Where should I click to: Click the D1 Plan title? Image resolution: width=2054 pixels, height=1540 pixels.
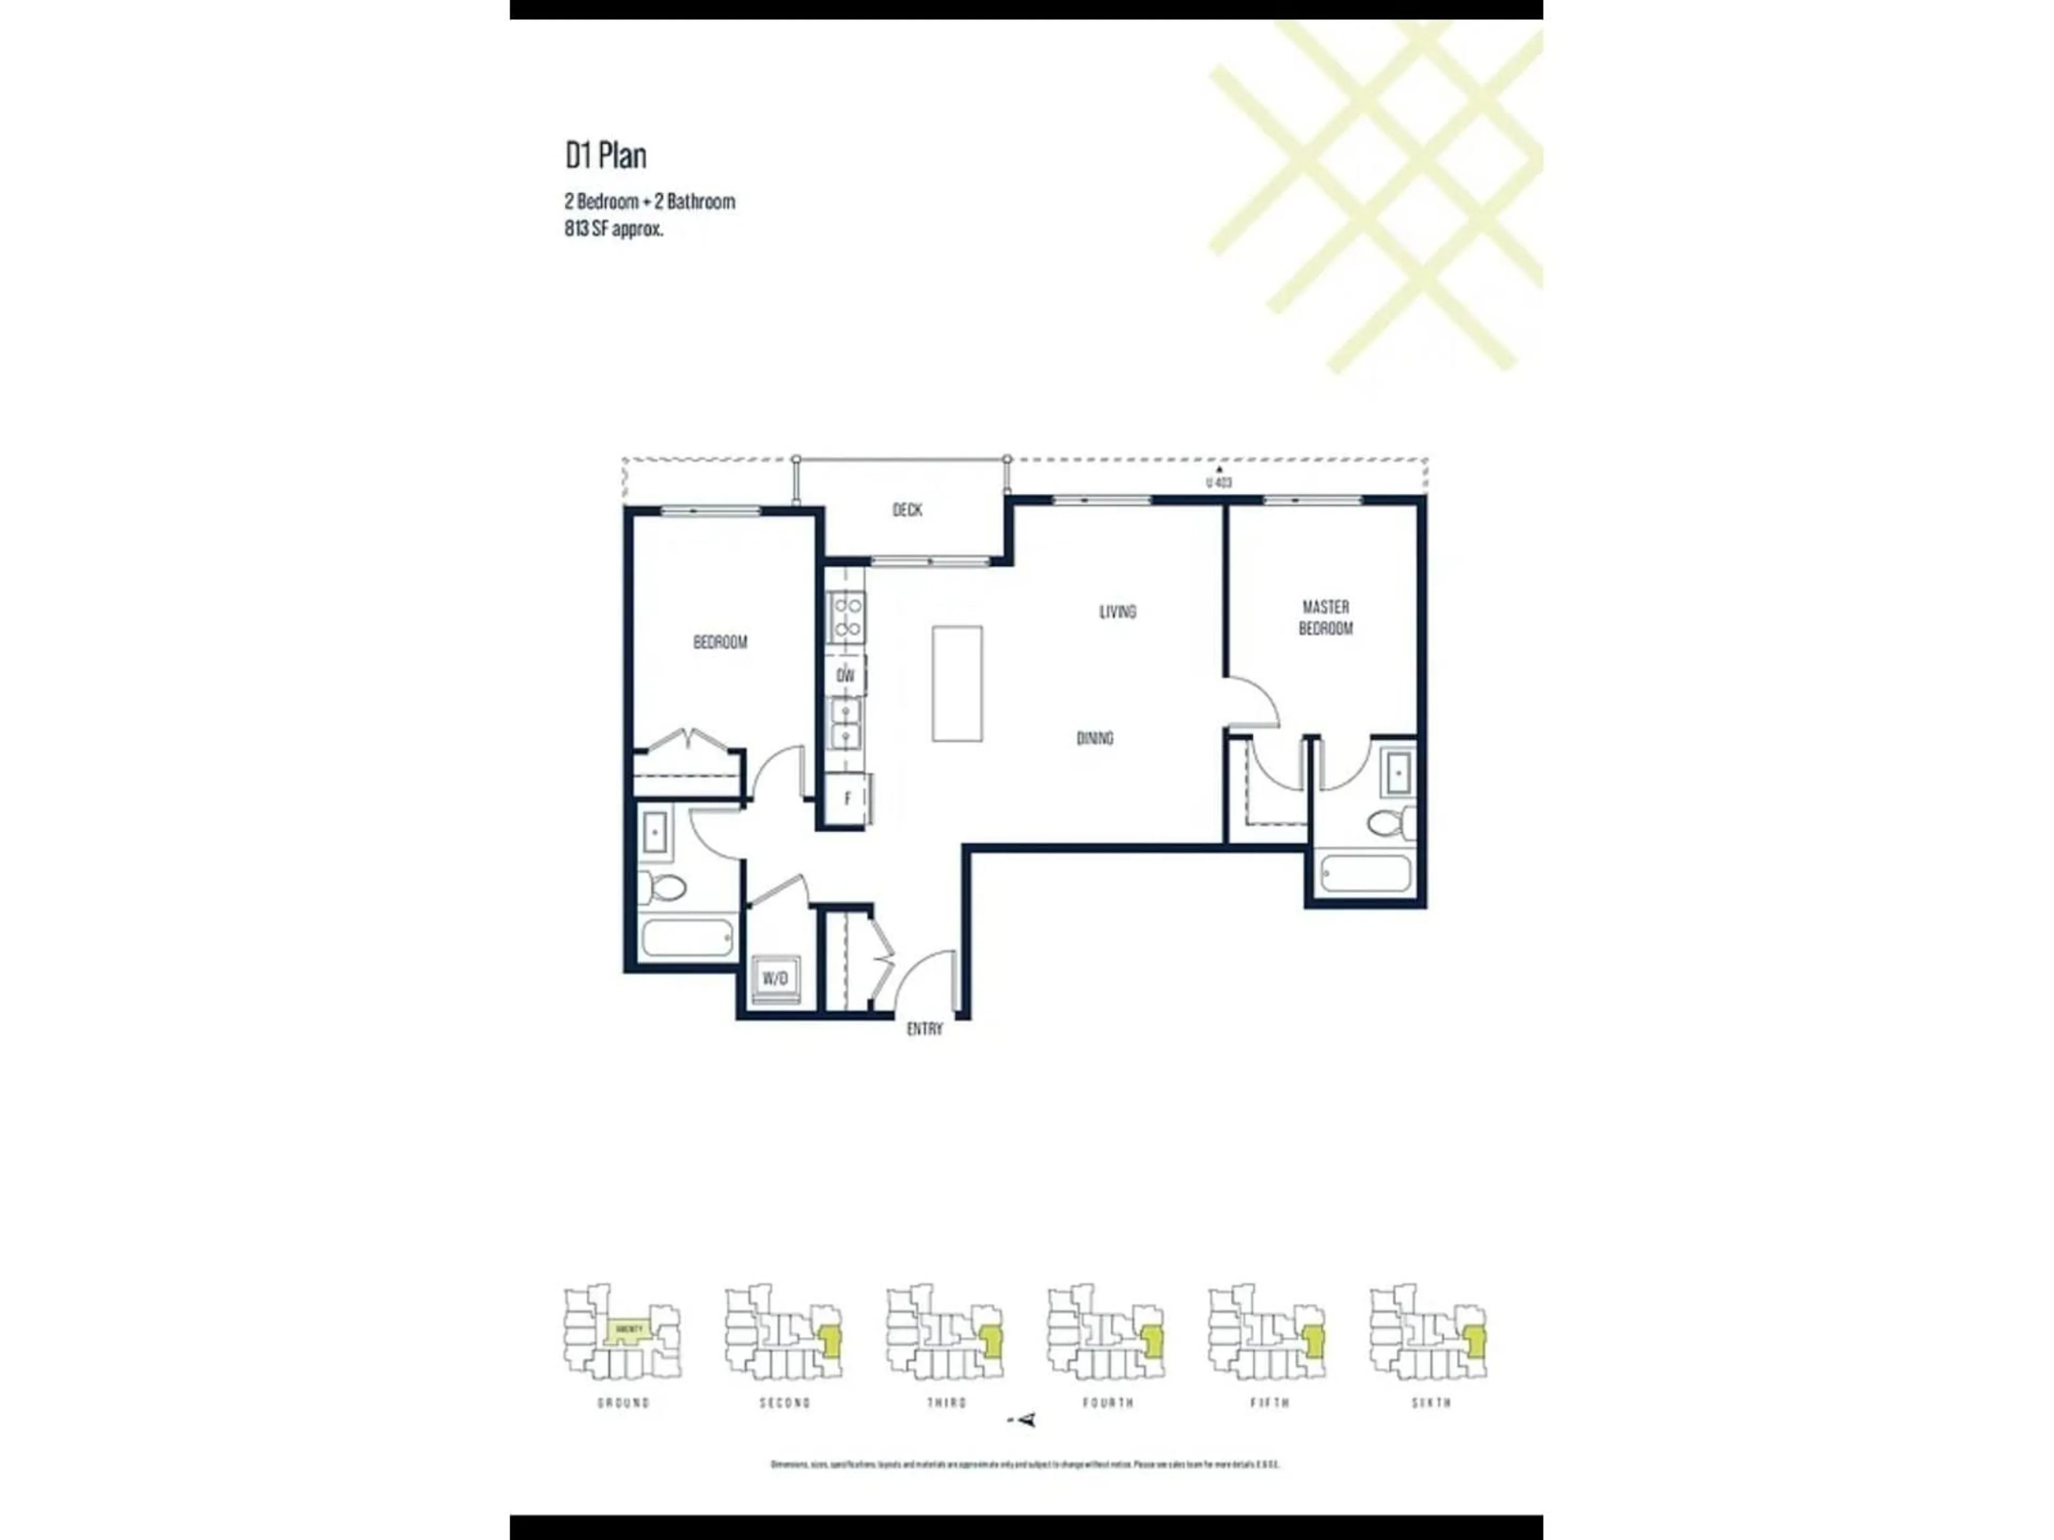tap(606, 155)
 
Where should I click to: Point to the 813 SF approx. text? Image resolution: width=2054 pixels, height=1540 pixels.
tap(614, 229)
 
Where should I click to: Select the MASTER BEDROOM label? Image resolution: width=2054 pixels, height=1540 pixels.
tap(1325, 617)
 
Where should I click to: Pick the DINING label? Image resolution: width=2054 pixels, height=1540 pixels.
tap(1095, 738)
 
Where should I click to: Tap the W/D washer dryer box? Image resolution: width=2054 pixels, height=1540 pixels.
tap(776, 979)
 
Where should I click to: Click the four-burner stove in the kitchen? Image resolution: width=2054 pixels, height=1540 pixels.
tap(847, 617)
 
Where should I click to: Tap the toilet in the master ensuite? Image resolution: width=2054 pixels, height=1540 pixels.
tap(1390, 822)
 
